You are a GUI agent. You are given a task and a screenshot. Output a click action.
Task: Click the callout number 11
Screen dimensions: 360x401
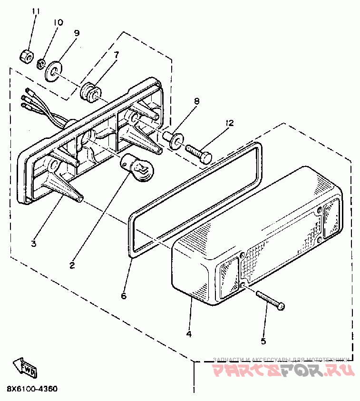(x=34, y=11)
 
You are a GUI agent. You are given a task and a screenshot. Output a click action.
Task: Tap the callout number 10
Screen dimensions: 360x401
(x=58, y=22)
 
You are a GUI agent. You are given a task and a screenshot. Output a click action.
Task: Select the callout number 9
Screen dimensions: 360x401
(x=77, y=33)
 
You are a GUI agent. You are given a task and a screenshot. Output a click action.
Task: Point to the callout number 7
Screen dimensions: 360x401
(x=116, y=55)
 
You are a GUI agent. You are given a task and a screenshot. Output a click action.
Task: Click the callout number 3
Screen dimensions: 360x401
(x=33, y=244)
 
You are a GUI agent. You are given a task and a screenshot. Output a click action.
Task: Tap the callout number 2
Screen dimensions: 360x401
(x=72, y=265)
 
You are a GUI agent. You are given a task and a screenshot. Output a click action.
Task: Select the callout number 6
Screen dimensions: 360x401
(x=124, y=296)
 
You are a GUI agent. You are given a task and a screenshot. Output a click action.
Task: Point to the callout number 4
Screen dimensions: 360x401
(x=189, y=334)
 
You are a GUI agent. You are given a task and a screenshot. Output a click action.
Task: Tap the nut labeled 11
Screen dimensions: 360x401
(x=27, y=56)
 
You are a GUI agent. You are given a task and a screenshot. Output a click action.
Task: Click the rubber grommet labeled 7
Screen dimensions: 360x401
(x=89, y=91)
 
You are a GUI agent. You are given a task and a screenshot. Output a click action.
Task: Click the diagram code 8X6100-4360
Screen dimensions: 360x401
(x=32, y=389)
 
